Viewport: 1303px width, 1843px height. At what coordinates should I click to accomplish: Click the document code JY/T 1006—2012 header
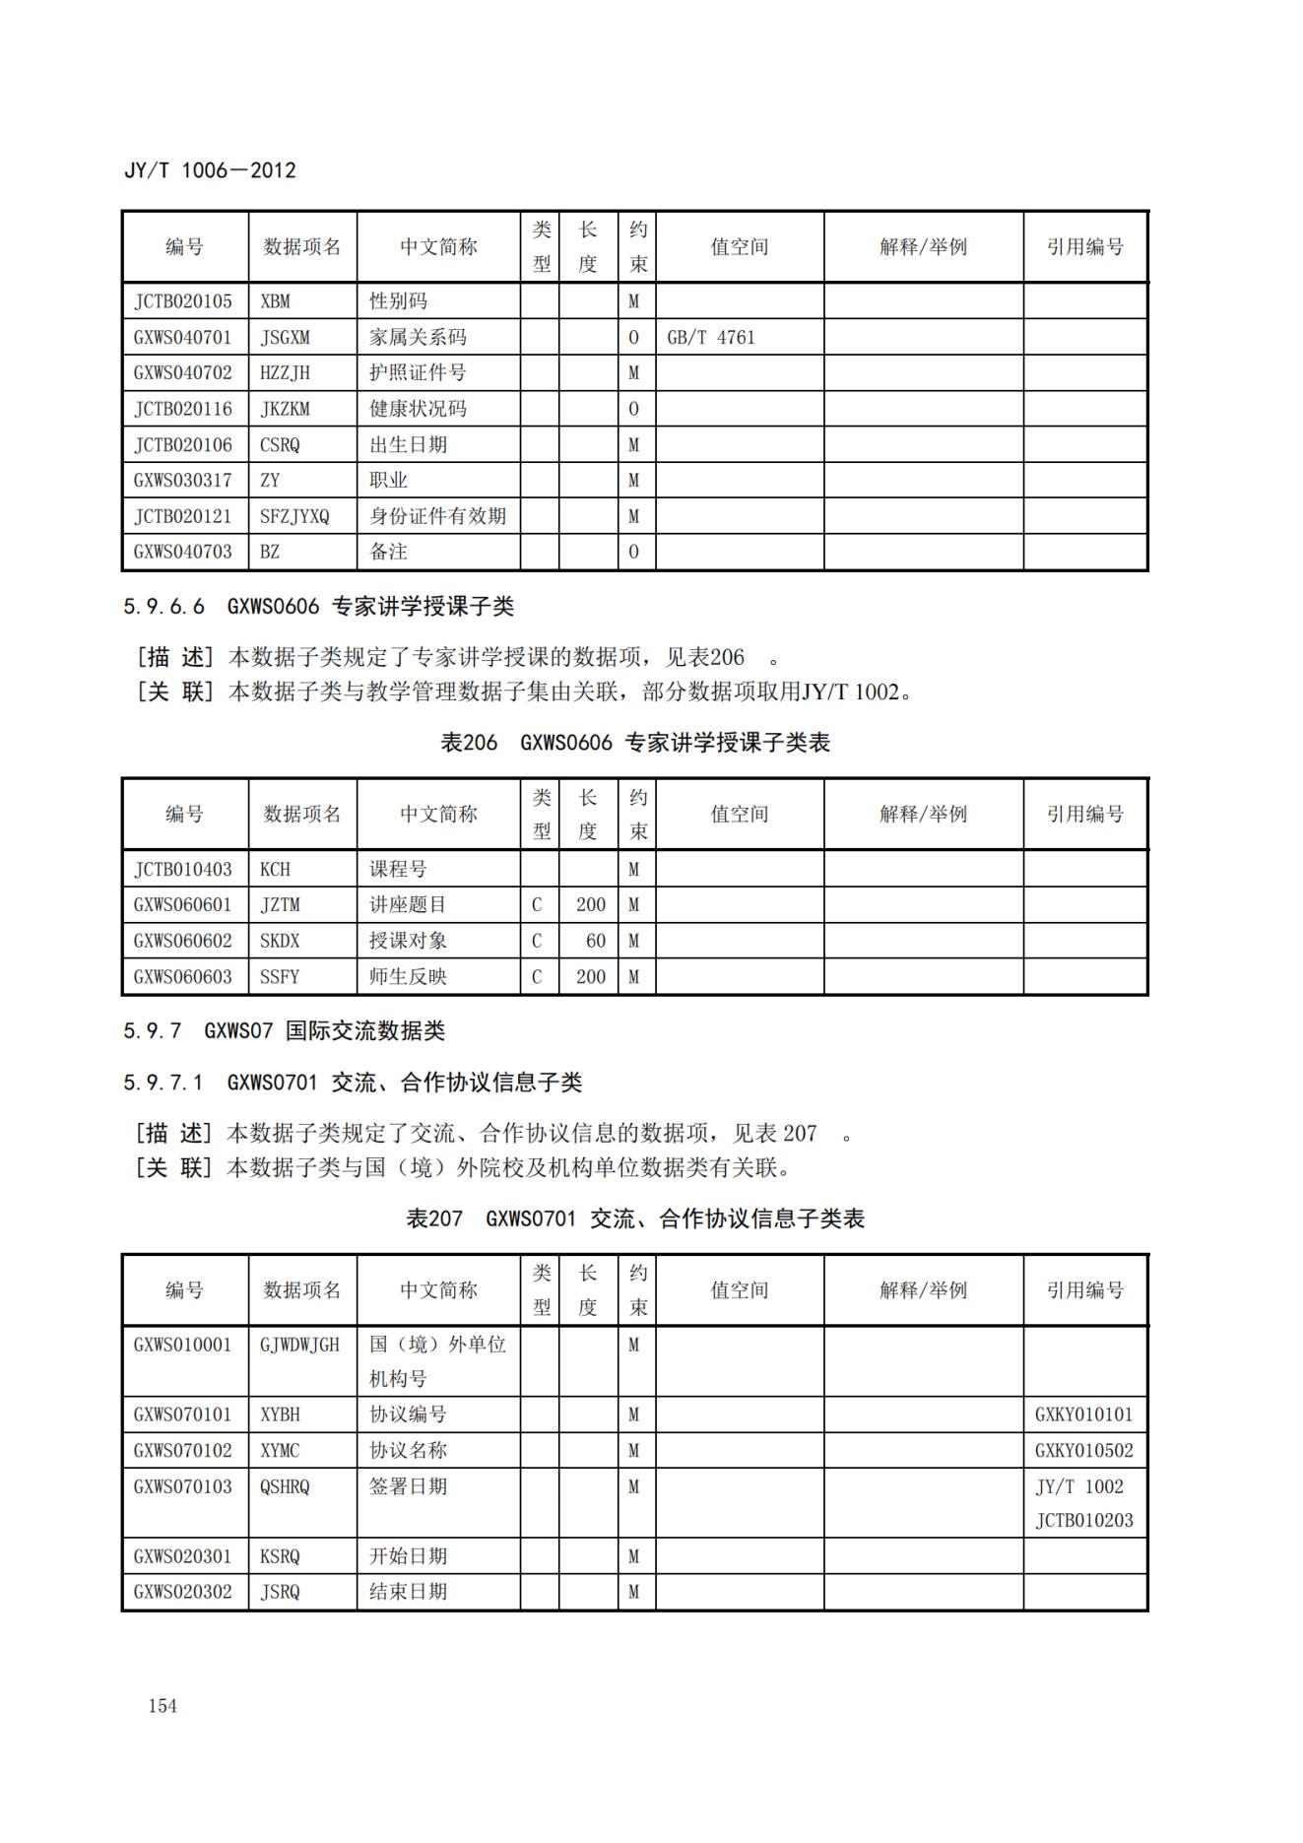tap(210, 170)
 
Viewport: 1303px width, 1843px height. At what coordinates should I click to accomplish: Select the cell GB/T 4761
tap(711, 337)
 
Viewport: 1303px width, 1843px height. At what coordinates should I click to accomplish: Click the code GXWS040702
tap(183, 372)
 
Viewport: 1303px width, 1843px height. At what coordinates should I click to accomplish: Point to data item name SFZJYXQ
tap(294, 516)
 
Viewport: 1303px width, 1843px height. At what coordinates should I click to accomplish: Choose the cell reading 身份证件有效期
tap(437, 516)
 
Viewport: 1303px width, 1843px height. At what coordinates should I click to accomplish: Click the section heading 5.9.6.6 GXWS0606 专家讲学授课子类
tap(318, 607)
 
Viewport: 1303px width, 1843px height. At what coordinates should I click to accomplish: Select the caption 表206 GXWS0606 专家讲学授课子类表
tap(635, 743)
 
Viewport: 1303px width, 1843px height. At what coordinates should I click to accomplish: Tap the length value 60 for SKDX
tap(595, 941)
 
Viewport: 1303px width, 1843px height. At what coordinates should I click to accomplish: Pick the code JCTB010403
tap(183, 870)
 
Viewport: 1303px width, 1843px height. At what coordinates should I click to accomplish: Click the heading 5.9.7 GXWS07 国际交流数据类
tap(284, 1031)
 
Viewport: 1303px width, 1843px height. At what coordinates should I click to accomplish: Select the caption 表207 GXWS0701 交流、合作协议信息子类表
tap(635, 1219)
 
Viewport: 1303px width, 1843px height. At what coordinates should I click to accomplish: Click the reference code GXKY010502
tap(1083, 1451)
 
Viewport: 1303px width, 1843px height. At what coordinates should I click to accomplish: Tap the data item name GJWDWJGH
tap(299, 1345)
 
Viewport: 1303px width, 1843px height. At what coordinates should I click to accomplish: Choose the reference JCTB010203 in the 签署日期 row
tap(1083, 1521)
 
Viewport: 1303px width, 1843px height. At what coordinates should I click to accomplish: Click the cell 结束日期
tap(408, 1592)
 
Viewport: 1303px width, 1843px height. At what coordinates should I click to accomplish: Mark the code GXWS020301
tap(183, 1556)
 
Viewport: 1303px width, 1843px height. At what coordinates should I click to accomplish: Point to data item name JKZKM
tap(285, 409)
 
